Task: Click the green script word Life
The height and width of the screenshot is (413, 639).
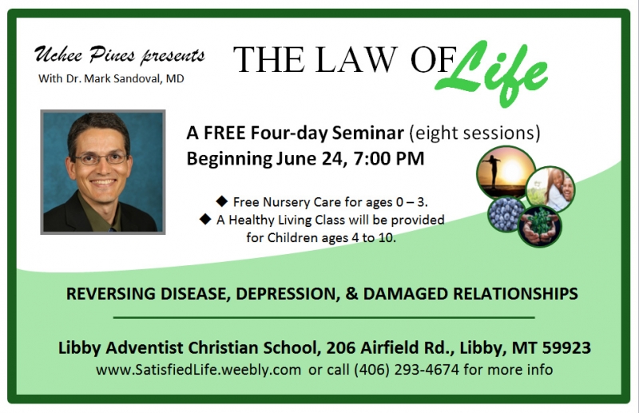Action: (491, 73)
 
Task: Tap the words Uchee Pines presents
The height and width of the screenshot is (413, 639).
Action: (119, 55)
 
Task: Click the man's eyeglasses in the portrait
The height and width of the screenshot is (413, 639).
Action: (101, 158)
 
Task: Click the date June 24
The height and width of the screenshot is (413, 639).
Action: (311, 159)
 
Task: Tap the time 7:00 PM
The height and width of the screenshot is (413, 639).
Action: (389, 159)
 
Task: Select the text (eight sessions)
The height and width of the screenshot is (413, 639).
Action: (474, 133)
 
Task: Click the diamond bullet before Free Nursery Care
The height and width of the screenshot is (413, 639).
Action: (222, 201)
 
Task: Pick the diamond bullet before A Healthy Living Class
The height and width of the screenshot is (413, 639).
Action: (205, 219)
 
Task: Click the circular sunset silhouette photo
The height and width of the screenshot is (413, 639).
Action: (506, 172)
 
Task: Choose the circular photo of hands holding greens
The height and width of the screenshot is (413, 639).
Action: (540, 226)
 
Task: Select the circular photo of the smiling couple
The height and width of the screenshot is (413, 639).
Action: (550, 189)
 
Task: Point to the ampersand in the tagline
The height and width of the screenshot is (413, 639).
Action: (351, 293)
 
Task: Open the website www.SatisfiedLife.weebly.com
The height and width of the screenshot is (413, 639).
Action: (198, 370)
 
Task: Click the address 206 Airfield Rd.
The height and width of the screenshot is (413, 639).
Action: (391, 347)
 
